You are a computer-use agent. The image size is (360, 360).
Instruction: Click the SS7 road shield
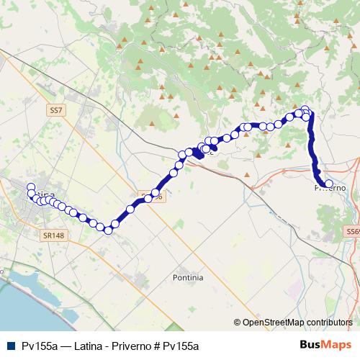click(x=58, y=111)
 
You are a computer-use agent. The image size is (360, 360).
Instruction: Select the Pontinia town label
click(x=188, y=277)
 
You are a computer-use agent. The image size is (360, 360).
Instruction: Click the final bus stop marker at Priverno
click(x=328, y=184)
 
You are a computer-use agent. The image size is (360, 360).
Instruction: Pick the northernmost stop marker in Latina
click(x=31, y=188)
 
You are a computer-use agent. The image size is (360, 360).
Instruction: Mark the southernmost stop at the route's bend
click(x=108, y=230)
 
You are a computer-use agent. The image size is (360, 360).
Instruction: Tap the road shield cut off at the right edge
click(x=352, y=231)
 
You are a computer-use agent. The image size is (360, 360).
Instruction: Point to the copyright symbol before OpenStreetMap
click(x=238, y=323)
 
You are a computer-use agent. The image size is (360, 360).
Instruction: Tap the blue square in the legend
click(x=10, y=346)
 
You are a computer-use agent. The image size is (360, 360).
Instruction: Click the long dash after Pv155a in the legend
click(x=65, y=346)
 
